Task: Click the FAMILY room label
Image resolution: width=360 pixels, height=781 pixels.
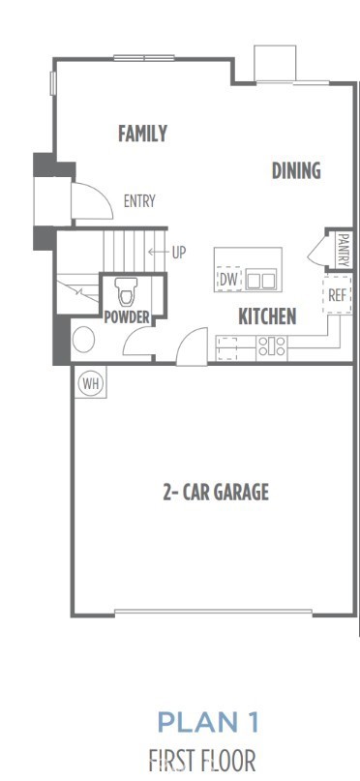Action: coord(142,134)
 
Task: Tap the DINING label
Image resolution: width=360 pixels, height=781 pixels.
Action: coord(295,171)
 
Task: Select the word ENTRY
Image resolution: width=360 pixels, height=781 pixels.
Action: coord(139,201)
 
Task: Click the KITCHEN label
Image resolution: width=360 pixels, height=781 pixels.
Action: coord(267,316)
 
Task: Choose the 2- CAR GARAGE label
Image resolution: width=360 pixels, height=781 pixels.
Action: coord(215,492)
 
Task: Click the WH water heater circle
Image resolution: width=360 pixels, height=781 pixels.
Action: coord(91,383)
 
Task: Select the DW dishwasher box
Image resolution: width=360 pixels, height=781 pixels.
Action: coord(228,280)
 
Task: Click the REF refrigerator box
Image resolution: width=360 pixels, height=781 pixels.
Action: coord(337,295)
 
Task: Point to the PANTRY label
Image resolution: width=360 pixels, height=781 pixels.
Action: coord(343,247)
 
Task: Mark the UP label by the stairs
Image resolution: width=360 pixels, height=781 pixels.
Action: coord(178,254)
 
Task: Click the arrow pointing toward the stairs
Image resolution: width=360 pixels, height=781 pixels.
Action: coord(157,254)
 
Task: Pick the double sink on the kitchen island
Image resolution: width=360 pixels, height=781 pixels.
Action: coord(260,280)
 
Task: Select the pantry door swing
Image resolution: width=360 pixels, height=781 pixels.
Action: coord(318,251)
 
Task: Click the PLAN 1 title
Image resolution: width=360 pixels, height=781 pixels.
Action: coord(208,722)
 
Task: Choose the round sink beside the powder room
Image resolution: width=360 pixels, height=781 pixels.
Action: coord(83,341)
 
